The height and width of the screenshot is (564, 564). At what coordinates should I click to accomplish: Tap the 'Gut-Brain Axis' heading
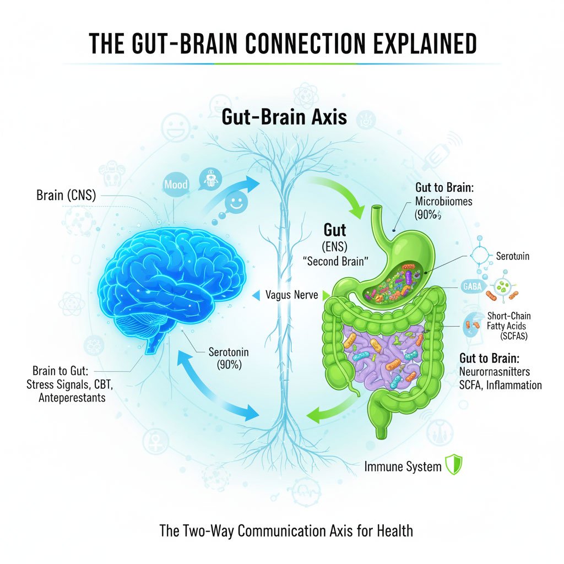click(284, 117)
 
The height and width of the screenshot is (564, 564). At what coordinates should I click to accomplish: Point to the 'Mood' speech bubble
click(176, 185)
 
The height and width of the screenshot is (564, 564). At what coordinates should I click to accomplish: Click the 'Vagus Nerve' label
click(291, 295)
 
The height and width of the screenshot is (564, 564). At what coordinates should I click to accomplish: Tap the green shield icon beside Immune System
click(452, 466)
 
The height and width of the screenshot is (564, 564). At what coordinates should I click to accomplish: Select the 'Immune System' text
click(403, 467)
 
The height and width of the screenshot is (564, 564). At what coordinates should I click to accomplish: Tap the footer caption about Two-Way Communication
click(286, 532)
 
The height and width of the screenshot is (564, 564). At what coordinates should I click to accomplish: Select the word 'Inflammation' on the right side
click(512, 384)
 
